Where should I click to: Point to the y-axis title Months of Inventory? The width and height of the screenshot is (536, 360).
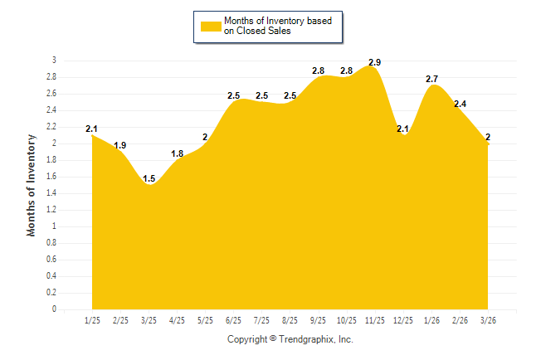pyautogui.click(x=32, y=185)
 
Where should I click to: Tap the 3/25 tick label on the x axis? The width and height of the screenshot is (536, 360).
pyautogui.click(x=149, y=319)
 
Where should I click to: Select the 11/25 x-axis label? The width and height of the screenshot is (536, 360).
pyautogui.click(x=374, y=319)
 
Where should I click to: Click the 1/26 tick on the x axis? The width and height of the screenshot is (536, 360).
pyautogui.click(x=431, y=319)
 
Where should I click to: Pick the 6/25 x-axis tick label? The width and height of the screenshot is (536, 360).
pyautogui.click(x=233, y=319)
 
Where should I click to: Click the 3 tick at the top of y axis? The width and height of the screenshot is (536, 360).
pyautogui.click(x=54, y=61)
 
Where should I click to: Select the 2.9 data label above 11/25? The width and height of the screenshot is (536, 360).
pyautogui.click(x=374, y=62)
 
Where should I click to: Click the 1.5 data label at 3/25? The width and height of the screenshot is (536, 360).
pyautogui.click(x=149, y=178)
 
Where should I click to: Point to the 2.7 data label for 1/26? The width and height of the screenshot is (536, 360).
pyautogui.click(x=431, y=79)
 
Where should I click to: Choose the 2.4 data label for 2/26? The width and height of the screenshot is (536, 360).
pyautogui.click(x=460, y=104)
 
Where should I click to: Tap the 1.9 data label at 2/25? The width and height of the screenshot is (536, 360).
pyautogui.click(x=120, y=145)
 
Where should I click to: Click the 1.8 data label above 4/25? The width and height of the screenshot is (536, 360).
pyautogui.click(x=177, y=153)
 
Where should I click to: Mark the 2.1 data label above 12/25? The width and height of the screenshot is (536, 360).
pyautogui.click(x=403, y=129)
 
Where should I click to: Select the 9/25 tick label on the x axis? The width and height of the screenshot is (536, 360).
pyautogui.click(x=318, y=319)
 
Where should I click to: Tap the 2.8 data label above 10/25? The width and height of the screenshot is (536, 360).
pyautogui.click(x=346, y=71)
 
